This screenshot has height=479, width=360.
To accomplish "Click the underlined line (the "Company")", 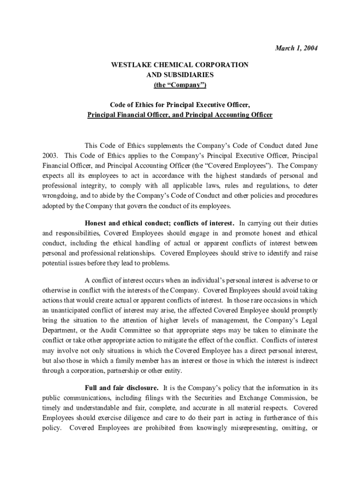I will (180, 85).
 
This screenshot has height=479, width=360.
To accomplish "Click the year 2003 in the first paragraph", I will (50, 155).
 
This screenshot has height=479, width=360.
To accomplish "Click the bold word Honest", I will (97, 223).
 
